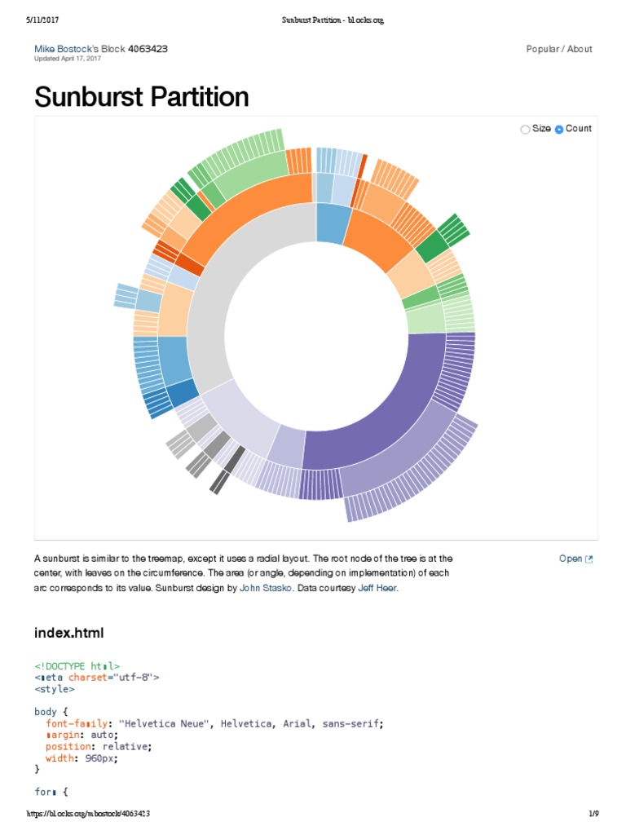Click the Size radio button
point(525,129)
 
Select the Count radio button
point(559,129)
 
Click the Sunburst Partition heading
point(141,97)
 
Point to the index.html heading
point(68,633)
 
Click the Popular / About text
point(559,49)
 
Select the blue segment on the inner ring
point(331,222)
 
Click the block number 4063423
point(148,49)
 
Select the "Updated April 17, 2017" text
point(67,59)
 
